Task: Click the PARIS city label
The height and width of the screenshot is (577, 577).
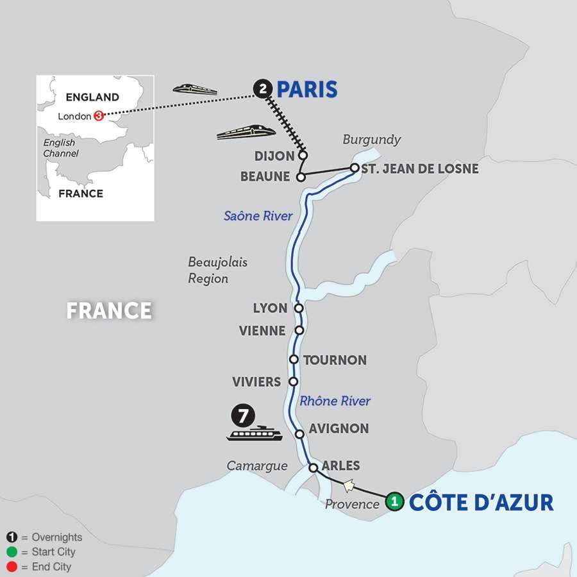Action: tap(306, 89)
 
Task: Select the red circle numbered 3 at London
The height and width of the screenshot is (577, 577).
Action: tap(99, 116)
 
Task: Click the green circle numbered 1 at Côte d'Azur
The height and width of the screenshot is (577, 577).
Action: tap(396, 501)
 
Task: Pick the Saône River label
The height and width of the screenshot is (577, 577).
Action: tap(258, 216)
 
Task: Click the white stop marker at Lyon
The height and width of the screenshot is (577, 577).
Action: tap(298, 308)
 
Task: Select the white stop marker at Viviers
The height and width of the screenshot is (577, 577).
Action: tap(293, 381)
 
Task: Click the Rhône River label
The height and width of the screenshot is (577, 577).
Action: tap(335, 401)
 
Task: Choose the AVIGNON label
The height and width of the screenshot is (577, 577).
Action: tap(339, 428)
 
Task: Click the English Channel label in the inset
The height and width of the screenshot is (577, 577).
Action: tap(60, 148)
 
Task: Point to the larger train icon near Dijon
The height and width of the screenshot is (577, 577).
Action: tap(246, 131)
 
